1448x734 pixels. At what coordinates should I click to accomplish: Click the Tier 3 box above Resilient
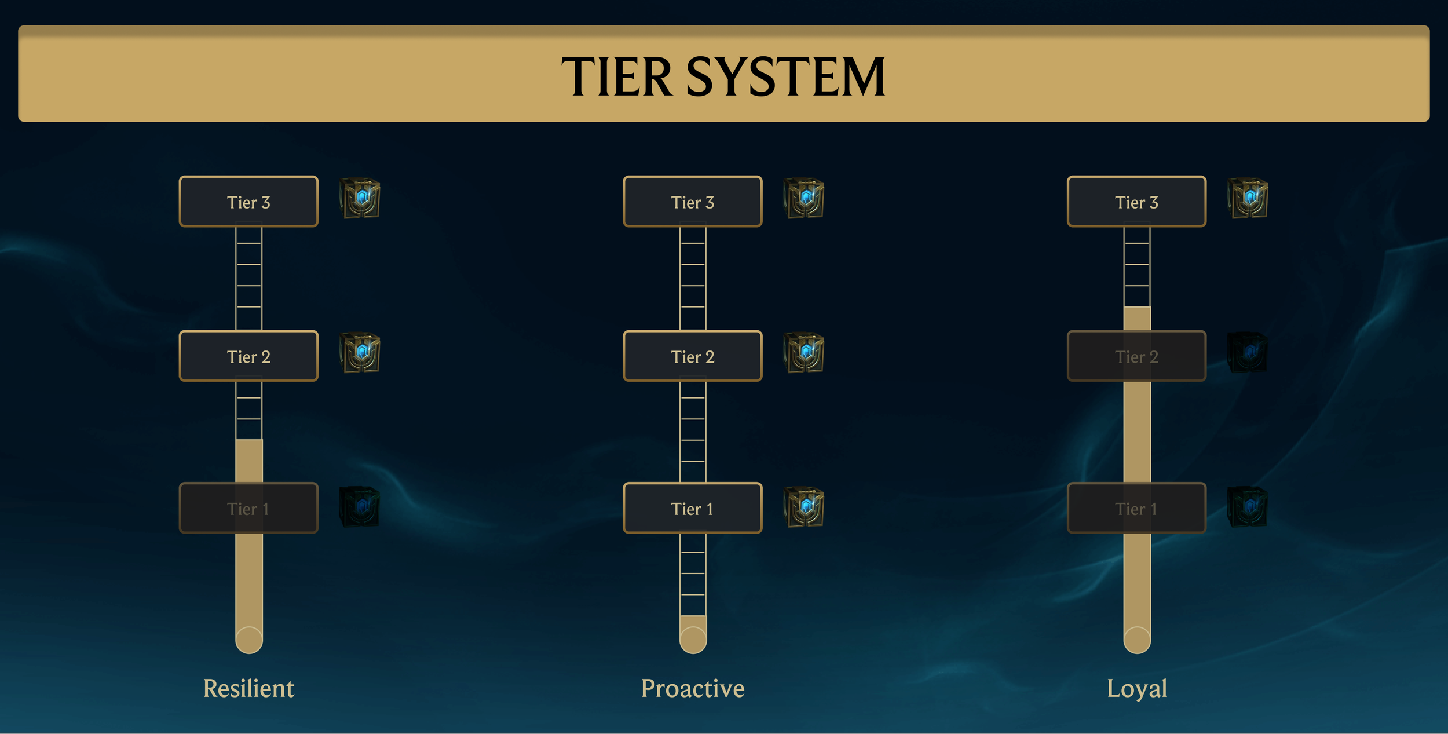[x=248, y=202]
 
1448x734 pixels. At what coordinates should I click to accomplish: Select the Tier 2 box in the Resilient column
[x=248, y=356]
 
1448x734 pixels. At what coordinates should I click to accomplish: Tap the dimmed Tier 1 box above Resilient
[x=248, y=508]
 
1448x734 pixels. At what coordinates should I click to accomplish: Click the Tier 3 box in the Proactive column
[x=693, y=202]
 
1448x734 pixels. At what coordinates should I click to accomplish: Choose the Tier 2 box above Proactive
[x=693, y=356]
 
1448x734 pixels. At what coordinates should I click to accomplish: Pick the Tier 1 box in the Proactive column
[x=693, y=508]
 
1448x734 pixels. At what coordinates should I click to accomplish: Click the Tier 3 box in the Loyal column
[x=1136, y=202]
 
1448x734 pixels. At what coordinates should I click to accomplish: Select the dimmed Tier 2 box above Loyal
[x=1136, y=356]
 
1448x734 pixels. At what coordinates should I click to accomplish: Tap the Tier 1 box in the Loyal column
[x=1136, y=508]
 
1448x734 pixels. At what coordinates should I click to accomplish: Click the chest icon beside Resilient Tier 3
[x=360, y=198]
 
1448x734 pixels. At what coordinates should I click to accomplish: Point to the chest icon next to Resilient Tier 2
[x=360, y=353]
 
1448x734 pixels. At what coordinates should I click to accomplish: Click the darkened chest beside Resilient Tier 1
[x=360, y=507]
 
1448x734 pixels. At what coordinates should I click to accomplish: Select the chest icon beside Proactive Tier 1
[x=804, y=507]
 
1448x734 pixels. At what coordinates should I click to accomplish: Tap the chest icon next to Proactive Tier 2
[x=804, y=353]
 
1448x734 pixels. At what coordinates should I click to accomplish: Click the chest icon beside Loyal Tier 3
[x=1248, y=198]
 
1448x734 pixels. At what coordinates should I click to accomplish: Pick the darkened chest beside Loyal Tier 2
[x=1248, y=353]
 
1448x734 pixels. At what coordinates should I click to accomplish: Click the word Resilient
[x=248, y=688]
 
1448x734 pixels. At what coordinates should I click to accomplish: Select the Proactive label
[x=693, y=688]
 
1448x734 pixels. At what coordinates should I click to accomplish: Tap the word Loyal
[x=1136, y=688]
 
